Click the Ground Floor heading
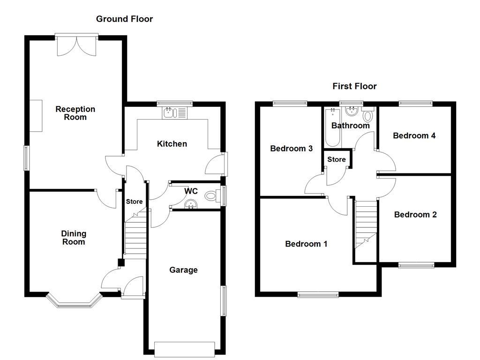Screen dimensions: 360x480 tap(124, 19)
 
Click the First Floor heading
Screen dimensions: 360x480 tap(354, 86)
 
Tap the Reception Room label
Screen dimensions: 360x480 tap(75, 113)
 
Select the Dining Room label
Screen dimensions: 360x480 tap(74, 238)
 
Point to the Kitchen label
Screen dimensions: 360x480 tap(172, 144)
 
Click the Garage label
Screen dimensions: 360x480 tap(183, 270)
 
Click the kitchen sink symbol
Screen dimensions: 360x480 tap(174, 112)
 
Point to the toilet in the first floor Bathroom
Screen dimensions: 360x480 tap(367, 115)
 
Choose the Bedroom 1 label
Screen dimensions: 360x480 tap(306, 244)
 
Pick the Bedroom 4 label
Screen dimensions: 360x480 tap(414, 136)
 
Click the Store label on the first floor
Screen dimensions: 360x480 tap(336, 159)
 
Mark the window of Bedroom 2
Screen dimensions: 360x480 tap(416, 265)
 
